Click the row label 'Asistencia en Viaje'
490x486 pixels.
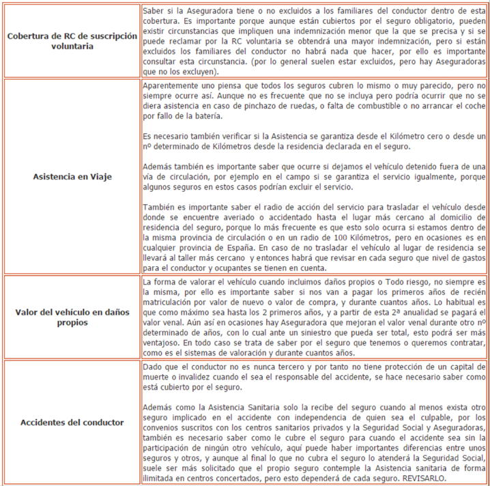pyautogui.click(x=72, y=176)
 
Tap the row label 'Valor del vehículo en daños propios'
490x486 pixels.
pyautogui.click(x=72, y=317)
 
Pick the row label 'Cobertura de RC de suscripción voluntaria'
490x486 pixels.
pyautogui.click(x=72, y=40)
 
